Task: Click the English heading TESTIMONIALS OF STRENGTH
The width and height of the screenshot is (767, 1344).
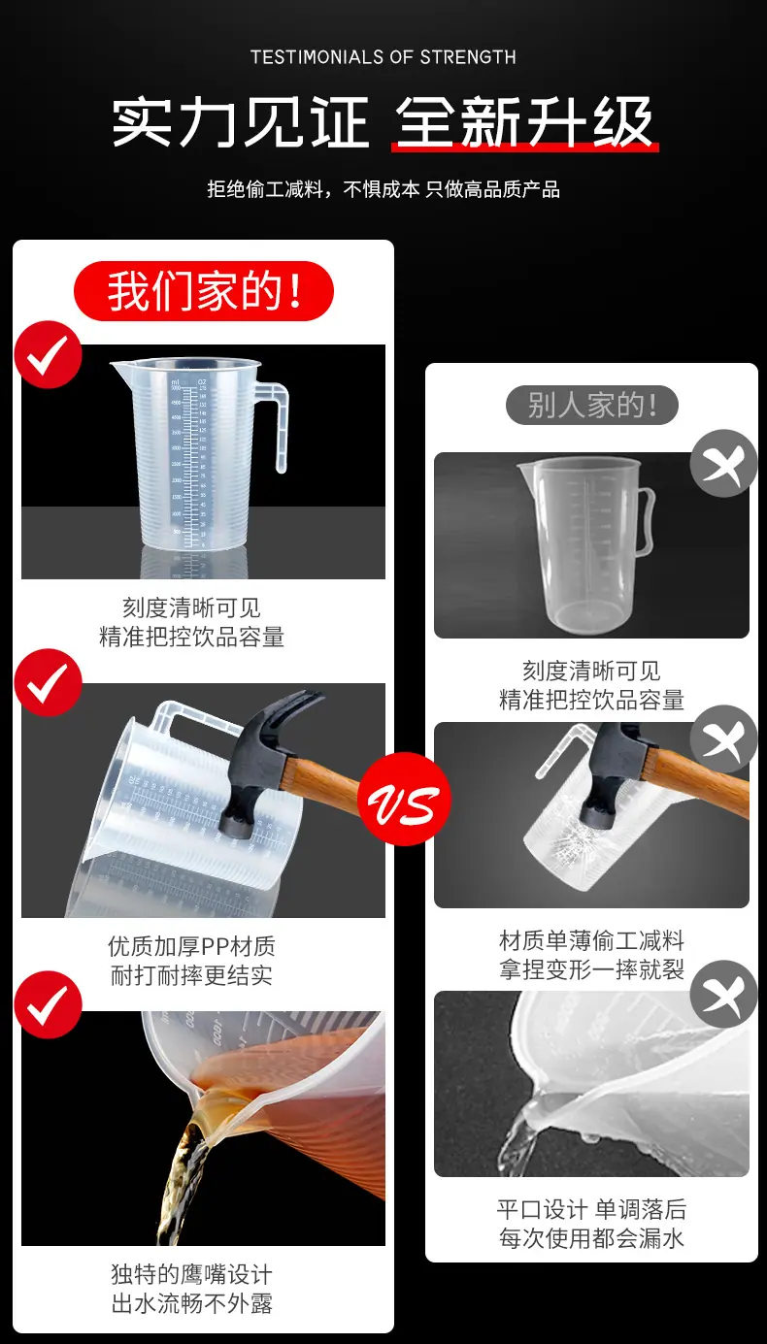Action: coord(383,57)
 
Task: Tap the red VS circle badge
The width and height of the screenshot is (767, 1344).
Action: coord(404,800)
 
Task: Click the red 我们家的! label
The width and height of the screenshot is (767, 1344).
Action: coord(204,291)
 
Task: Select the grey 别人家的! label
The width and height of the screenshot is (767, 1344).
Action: coord(591,405)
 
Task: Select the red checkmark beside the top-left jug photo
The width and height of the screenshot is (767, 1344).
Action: coord(48,354)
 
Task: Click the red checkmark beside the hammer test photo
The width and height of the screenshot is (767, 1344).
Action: coord(48,682)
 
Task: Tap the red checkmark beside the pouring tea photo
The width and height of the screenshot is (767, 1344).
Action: coord(48,1004)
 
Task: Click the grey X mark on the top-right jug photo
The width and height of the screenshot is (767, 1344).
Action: coord(723,463)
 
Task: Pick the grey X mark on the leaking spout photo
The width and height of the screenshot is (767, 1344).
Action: coord(723,995)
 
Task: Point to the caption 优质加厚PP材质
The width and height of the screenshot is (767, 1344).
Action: coord(191,946)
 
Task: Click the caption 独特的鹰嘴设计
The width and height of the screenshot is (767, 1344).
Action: coord(191,1273)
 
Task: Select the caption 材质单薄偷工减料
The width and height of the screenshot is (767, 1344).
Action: coord(591,940)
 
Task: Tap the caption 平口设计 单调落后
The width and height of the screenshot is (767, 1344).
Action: coord(591,1209)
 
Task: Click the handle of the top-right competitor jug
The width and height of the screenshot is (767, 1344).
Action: coord(646,519)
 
